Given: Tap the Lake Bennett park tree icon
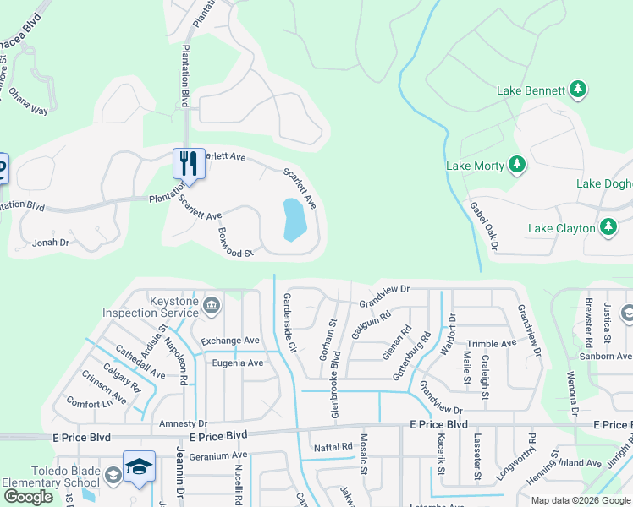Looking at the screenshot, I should pos(579,89).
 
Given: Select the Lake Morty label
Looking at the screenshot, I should pos(476,165).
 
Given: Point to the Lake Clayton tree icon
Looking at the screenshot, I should pos(608,227).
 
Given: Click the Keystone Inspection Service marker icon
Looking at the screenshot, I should pos(211,304).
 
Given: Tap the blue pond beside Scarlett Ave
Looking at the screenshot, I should pos(293,220).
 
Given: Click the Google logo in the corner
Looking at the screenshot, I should pos(28,497).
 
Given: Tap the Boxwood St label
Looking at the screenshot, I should pos(235,243).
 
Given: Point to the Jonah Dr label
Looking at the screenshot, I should pos(50,243).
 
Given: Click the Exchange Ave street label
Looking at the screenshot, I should pos(230,341).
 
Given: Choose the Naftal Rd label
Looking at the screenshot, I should pos(333,446).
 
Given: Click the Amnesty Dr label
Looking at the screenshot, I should pos(177,422).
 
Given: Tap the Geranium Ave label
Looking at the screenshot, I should pos(218,455).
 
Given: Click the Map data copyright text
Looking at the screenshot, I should pos(581,500).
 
